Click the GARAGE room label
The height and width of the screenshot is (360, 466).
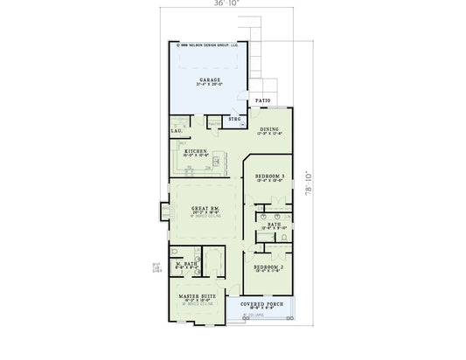coord(210,80)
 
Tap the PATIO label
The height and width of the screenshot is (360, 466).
coord(263,101)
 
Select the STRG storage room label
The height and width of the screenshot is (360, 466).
coord(234,118)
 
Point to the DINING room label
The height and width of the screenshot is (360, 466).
coord(270,129)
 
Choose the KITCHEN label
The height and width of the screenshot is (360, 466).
coord(196,151)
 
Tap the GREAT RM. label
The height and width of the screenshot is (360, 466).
coord(205,207)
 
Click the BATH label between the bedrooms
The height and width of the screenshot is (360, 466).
coord(274,224)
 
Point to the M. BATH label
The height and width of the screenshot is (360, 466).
coord(185,263)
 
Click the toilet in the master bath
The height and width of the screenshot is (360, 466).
coord(178,273)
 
